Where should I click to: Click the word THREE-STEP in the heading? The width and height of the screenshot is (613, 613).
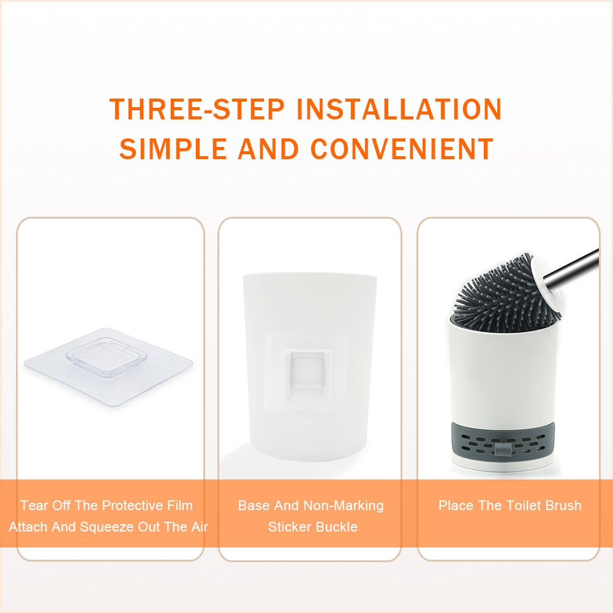coord(197,109)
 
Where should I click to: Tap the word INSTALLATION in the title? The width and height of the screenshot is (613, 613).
coord(399,109)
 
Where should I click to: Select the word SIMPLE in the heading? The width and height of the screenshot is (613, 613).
coord(173,149)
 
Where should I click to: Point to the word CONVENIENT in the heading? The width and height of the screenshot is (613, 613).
coord(402,149)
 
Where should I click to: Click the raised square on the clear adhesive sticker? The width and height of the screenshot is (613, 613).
coord(107,356)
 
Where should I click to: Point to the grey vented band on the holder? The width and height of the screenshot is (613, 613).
coord(503,444)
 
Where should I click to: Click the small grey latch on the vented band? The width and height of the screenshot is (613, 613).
coord(503,449)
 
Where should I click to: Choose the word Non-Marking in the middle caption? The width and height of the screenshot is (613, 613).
coord(344,505)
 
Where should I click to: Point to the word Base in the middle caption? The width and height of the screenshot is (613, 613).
coord(254,505)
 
